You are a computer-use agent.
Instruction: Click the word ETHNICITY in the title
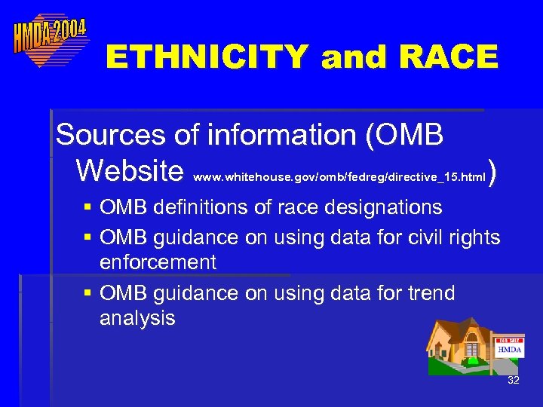207,57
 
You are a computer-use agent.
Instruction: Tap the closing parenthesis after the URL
493,173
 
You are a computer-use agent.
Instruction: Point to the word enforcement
158,262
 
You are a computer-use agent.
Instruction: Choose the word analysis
137,318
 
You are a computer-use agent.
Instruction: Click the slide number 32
514,380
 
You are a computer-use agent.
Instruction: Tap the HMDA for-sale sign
509,348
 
